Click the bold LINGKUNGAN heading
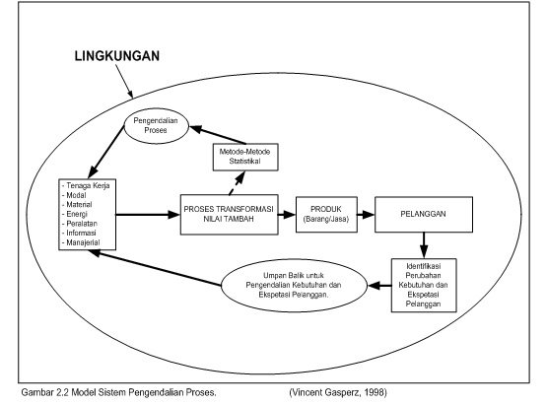pos(117,56)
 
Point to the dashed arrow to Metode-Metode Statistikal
pos(237,182)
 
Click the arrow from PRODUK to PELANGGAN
pos(366,215)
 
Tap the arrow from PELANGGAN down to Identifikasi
pos(424,245)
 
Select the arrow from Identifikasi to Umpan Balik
pos(379,286)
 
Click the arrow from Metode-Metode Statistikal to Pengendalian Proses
pos(218,135)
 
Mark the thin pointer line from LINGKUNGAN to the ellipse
pos(124,81)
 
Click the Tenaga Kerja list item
pos(86,185)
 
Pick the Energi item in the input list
pos(75,214)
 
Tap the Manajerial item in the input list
pos(81,242)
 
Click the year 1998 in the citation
pos(376,392)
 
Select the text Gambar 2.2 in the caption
pos(45,392)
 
